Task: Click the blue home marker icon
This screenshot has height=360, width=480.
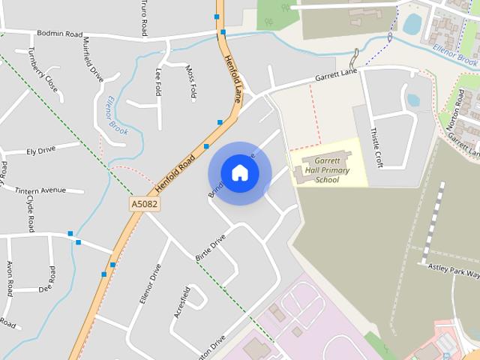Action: [x=240, y=172]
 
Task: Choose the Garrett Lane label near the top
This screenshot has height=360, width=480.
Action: [x=337, y=76]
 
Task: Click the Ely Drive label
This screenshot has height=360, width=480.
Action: [x=41, y=151]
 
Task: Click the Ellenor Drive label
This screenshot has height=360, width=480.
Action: [x=150, y=283]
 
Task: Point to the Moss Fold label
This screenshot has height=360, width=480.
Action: [x=190, y=81]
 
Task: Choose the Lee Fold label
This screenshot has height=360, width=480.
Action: [x=158, y=82]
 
